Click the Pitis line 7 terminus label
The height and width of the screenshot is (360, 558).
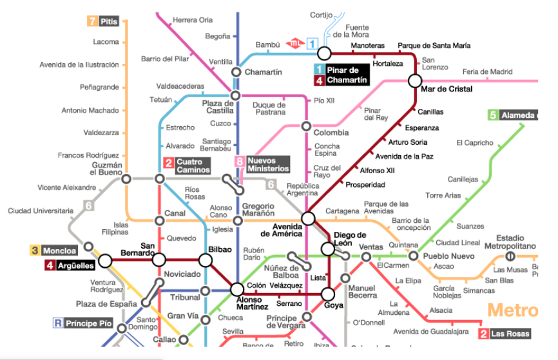pos(103,21)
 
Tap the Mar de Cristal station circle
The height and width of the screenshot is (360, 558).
pos(414,81)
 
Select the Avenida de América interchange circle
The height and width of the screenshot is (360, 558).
pos(308,218)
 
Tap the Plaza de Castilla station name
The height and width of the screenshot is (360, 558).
pos(217,107)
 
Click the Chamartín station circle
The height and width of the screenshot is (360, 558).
pos(236,72)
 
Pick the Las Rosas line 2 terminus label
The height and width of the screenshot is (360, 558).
pos(505,334)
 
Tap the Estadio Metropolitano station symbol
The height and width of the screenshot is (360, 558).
pos(510,256)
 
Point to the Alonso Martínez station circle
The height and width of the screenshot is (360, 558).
pos(237,289)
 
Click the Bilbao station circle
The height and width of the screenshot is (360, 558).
pos(206,260)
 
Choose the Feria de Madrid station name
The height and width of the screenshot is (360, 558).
pos(487,71)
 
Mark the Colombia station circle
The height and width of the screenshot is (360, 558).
pos(306,126)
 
